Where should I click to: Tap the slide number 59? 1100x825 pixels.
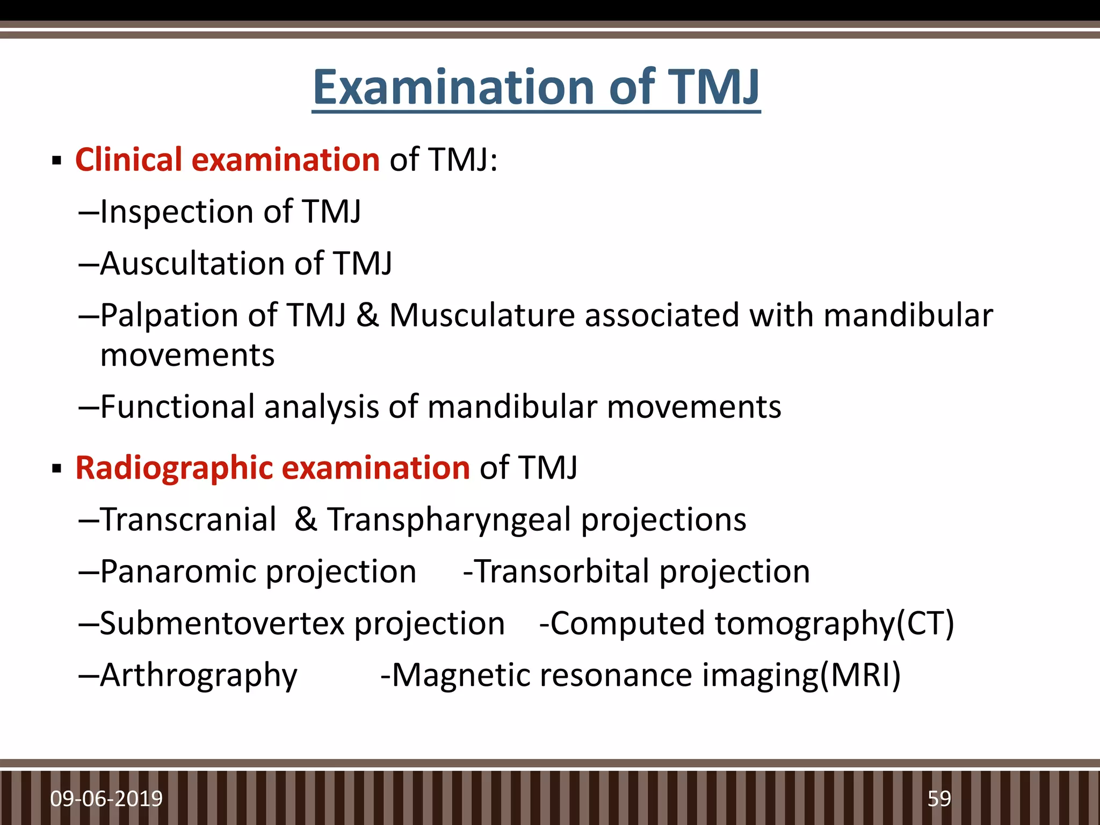pos(939,799)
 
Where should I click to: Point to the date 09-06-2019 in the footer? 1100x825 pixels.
pos(106,799)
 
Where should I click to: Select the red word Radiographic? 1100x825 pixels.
pos(173,468)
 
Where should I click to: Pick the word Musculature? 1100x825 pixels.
pos(482,315)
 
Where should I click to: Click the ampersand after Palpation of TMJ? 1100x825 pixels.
pos(367,315)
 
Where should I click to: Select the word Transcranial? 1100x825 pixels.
pos(188,519)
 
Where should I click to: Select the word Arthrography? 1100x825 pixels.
pos(198,676)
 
